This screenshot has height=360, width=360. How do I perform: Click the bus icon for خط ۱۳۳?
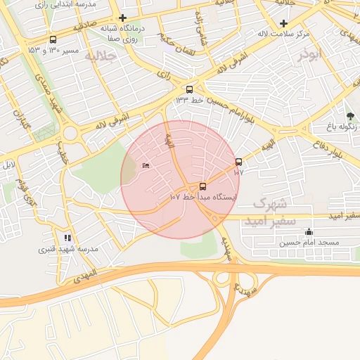pos(188,89)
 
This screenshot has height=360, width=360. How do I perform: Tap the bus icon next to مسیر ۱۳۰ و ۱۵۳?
pos(53,40)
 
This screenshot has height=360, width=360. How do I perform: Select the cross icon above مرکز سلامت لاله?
pos(283,23)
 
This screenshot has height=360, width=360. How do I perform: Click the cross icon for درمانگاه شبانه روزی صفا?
pos(123,18)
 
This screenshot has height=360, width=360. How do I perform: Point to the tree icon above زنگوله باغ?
pos(350,116)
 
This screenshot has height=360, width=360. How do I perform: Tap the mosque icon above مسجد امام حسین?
pos(309,231)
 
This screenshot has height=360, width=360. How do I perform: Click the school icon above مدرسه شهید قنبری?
pos(67,238)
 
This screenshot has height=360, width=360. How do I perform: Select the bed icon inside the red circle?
pos(146,165)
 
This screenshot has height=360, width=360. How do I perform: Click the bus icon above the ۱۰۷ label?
pos(238,162)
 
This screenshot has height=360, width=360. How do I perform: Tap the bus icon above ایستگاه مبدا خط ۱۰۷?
pos(203,186)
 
